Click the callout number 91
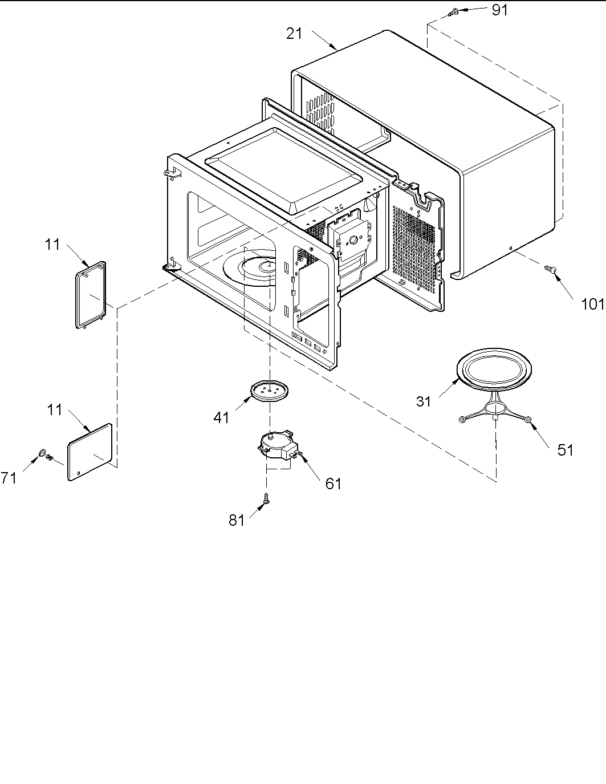[x=499, y=10]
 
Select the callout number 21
[x=294, y=34]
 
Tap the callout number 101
[x=592, y=304]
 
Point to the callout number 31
[x=424, y=401]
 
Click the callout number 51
[x=565, y=450]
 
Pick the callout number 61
[x=333, y=484]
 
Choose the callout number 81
[x=237, y=520]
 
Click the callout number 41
[x=221, y=418]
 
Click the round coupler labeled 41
[x=269, y=392]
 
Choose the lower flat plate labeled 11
[x=90, y=452]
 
